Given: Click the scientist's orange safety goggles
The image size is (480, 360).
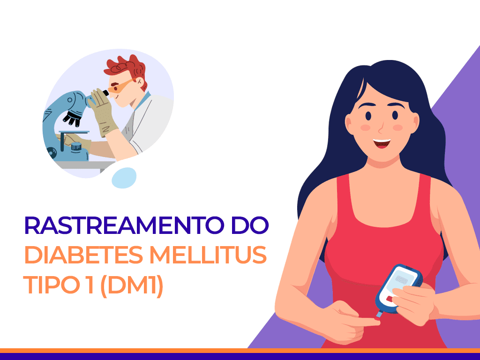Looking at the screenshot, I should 119,86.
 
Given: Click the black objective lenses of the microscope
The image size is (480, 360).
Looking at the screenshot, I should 73,118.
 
